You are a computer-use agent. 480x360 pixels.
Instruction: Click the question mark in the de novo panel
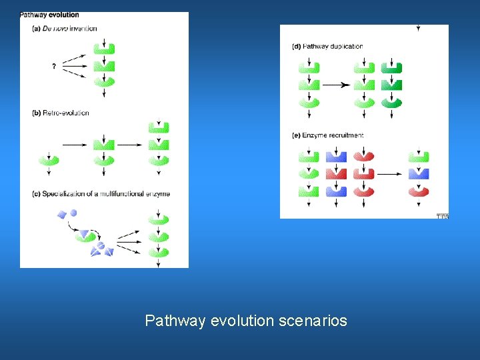53,66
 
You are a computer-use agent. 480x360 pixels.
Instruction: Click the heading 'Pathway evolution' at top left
50,15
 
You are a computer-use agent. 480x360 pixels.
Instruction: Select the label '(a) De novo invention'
64,29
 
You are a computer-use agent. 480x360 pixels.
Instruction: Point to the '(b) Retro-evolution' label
60,113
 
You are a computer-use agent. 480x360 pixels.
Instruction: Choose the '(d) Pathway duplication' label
327,47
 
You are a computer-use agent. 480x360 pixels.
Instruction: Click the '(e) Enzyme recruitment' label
328,135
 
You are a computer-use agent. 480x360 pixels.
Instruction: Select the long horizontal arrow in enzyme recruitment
390,174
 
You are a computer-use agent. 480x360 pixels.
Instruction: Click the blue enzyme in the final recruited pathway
419,174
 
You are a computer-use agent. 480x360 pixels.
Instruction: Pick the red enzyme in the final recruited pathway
419,191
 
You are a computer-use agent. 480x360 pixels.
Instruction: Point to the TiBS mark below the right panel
443,216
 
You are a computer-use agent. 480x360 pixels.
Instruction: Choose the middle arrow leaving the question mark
75,66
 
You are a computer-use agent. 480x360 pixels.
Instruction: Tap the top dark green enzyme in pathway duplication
391,68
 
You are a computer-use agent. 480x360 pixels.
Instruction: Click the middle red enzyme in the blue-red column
336,174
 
